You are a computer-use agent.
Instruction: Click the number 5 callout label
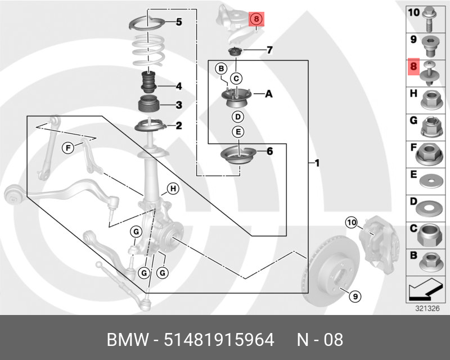[179, 22]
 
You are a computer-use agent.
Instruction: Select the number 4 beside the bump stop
[178, 87]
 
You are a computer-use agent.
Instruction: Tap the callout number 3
[178, 105]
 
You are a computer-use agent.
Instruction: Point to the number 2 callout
[178, 126]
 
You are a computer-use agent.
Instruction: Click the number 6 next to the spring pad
[269, 151]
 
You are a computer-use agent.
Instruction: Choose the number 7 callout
[269, 51]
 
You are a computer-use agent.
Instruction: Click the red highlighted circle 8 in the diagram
[256, 19]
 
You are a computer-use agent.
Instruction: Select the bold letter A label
[268, 94]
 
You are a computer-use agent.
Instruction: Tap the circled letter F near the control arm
[67, 148]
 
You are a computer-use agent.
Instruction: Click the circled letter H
[173, 188]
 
